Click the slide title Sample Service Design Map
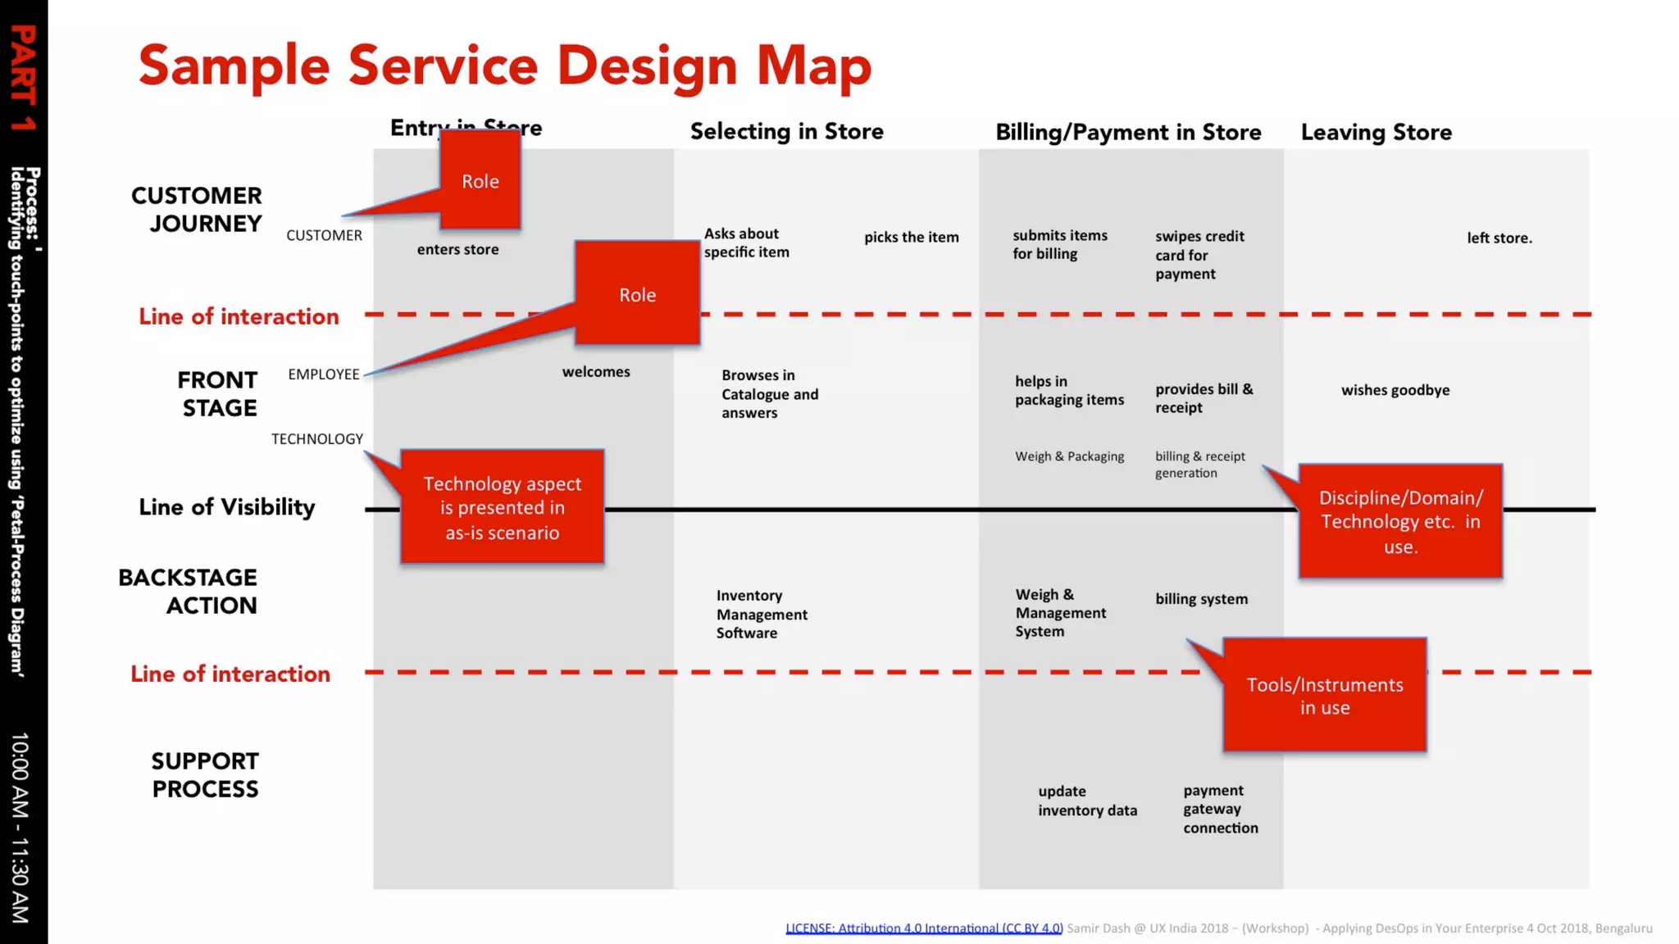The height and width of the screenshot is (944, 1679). click(504, 66)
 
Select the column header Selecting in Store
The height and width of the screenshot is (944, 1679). click(786, 131)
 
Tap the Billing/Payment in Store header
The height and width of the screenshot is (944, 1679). click(1128, 132)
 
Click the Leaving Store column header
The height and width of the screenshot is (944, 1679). click(1376, 132)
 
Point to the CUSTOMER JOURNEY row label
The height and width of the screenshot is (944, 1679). click(197, 209)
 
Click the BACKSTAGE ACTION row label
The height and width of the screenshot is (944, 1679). click(188, 591)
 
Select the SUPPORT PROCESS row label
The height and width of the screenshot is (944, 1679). click(205, 774)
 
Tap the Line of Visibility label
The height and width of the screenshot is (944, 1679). click(226, 507)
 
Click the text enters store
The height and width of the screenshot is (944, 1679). click(457, 249)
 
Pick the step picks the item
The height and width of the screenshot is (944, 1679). click(911, 237)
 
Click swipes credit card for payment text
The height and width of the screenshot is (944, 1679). click(1199, 255)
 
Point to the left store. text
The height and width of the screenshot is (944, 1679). click(1499, 238)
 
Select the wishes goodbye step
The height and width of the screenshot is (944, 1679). click(1395, 390)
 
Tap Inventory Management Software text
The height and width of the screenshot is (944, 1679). click(761, 614)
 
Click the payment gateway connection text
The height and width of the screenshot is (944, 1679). click(1220, 809)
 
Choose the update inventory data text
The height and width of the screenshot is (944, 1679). click(1087, 801)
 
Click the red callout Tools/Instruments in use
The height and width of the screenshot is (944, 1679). click(1324, 696)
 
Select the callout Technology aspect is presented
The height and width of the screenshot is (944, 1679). click(502, 507)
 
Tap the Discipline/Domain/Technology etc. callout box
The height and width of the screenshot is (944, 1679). click(1400, 521)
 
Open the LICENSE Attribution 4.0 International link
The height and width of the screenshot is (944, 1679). click(924, 928)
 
